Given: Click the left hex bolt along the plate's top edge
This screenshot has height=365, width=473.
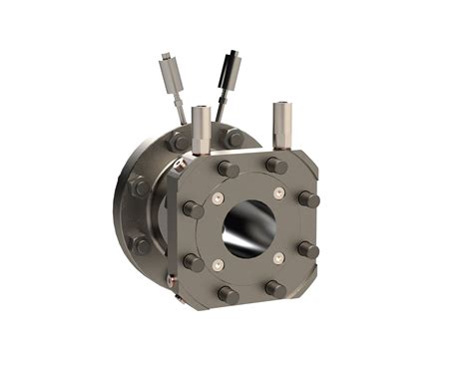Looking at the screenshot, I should [229, 169].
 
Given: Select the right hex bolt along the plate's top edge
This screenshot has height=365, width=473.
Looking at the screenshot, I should [276, 165].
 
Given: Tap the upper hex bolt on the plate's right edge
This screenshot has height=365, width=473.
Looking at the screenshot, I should [309, 198].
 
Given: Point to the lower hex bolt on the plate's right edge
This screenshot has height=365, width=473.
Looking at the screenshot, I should [309, 249].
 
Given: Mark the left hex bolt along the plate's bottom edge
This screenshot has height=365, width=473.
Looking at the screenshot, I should [229, 293].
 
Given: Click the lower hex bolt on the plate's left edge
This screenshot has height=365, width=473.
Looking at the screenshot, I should [194, 262].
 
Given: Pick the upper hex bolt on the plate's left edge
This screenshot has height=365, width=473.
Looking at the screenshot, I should [193, 210].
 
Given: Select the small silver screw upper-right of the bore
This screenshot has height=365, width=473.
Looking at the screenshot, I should [279, 191].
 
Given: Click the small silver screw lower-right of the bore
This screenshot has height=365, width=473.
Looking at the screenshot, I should [279, 261].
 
